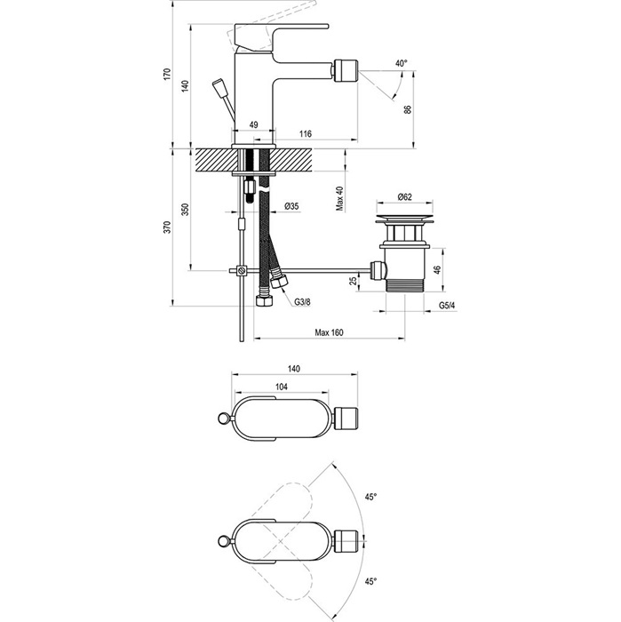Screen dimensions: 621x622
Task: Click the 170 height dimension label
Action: pyautogui.click(x=167, y=74)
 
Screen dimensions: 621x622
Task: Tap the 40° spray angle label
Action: pyautogui.click(x=402, y=63)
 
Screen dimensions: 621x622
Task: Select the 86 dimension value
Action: pyautogui.click(x=408, y=109)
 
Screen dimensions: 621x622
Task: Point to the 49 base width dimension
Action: pyautogui.click(x=253, y=124)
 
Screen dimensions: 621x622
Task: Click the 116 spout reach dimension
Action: pyautogui.click(x=305, y=133)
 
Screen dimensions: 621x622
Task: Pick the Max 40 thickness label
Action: pyautogui.click(x=340, y=199)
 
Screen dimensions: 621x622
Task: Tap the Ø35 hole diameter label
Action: pyautogui.click(x=291, y=206)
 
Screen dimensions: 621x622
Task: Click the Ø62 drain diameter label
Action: pyautogui.click(x=404, y=196)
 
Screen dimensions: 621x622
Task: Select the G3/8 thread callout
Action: pyautogui.click(x=303, y=302)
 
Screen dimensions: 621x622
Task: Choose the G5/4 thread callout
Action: pyautogui.click(x=447, y=306)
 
